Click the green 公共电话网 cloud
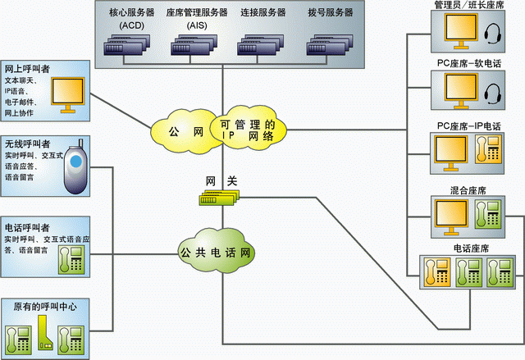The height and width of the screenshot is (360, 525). (x=215, y=251)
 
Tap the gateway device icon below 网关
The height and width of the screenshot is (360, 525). (x=221, y=198)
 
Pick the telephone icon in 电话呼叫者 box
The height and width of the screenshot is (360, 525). (x=71, y=259)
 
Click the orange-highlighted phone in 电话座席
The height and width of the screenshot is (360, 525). (x=436, y=270)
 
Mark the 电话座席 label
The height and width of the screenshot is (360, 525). (x=468, y=247)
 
